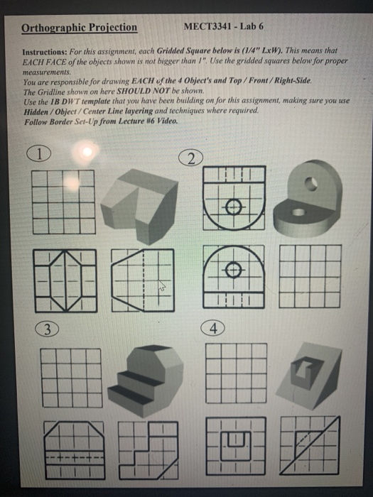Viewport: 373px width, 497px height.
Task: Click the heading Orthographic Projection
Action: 79,28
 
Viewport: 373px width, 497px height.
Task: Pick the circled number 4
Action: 215,328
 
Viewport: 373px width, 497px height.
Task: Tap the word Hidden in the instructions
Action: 37,110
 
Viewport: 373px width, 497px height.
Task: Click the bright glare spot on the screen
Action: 88,152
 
